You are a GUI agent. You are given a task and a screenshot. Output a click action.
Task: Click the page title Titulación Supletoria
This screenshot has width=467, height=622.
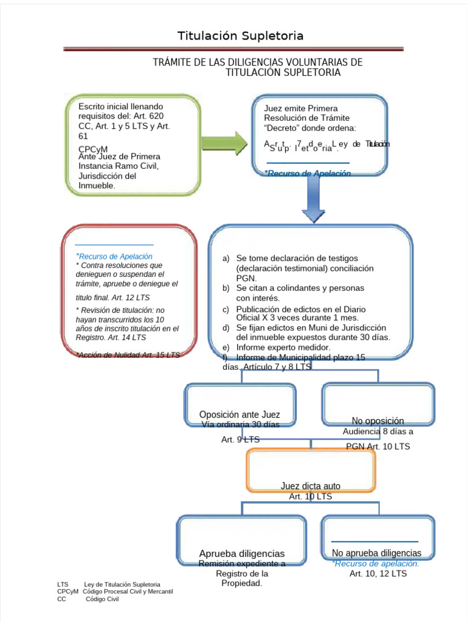[240, 36]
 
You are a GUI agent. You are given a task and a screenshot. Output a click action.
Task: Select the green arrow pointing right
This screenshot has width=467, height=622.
[224, 142]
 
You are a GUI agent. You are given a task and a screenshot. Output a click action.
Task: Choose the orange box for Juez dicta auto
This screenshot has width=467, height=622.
[311, 470]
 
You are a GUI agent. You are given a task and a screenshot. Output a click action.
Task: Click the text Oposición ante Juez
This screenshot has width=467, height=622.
[240, 415]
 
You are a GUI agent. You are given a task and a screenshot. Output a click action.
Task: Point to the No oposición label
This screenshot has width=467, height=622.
[378, 421]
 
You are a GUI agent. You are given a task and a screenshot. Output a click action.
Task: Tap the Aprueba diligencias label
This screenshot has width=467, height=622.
[241, 553]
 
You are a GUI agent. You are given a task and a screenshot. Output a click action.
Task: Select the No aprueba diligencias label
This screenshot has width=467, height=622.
[376, 553]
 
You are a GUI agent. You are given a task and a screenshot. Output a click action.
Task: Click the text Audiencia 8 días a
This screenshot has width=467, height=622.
[378, 432]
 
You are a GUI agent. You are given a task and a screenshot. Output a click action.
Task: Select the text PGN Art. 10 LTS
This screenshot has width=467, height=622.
[378, 446]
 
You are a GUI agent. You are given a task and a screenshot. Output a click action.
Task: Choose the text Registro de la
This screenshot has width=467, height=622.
[242, 573]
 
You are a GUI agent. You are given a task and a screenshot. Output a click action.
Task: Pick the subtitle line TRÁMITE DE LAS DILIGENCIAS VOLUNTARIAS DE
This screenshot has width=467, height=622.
[257, 63]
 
